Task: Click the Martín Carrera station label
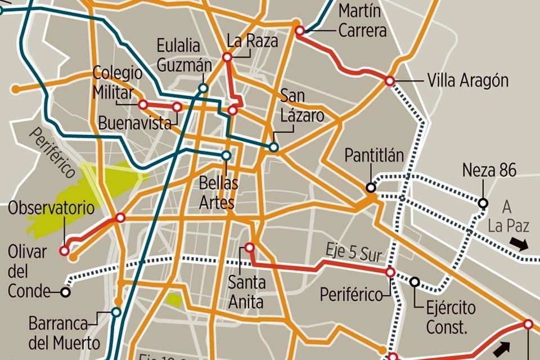(362, 20)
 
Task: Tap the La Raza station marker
(227, 57)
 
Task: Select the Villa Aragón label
(467, 80)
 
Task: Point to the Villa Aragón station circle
(389, 81)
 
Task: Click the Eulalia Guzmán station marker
(203, 88)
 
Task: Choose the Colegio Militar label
(118, 82)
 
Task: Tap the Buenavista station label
(134, 123)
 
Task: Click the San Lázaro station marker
(273, 147)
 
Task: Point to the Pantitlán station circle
(370, 188)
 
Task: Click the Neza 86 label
(489, 170)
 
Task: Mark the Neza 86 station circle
(483, 202)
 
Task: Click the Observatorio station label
(51, 208)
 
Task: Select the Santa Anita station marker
(249, 247)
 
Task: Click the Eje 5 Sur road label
(353, 251)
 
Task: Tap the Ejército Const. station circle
(415, 282)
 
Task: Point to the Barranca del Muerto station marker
(116, 312)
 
